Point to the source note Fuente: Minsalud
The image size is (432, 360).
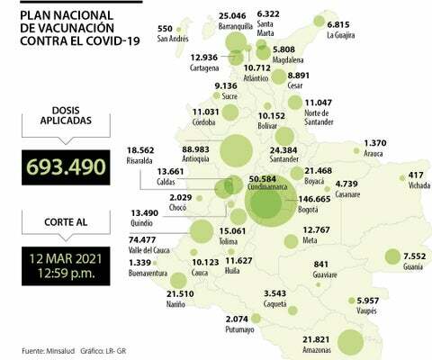46,349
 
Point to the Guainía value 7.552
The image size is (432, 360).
413,255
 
